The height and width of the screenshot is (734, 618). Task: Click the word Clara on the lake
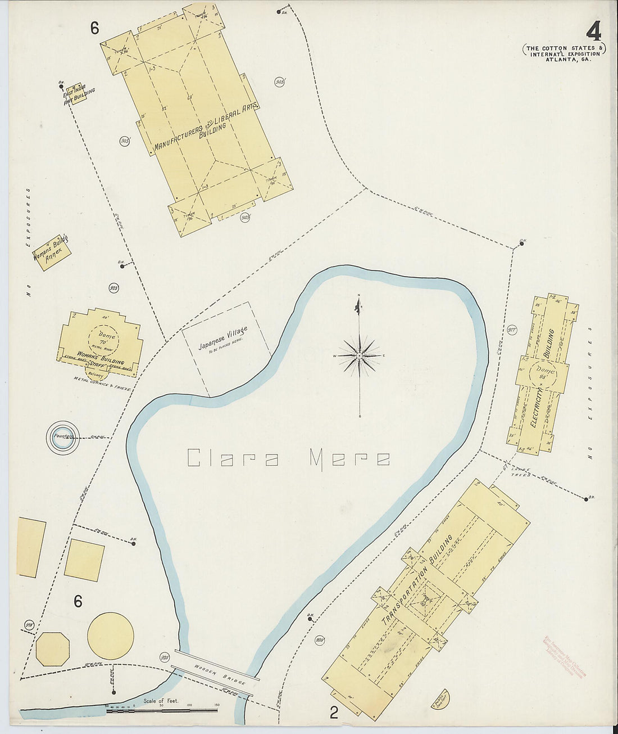click(233, 458)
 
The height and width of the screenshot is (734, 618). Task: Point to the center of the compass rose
click(359, 356)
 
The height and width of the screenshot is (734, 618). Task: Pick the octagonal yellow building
click(52, 648)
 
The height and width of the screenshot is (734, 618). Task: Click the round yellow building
click(111, 636)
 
